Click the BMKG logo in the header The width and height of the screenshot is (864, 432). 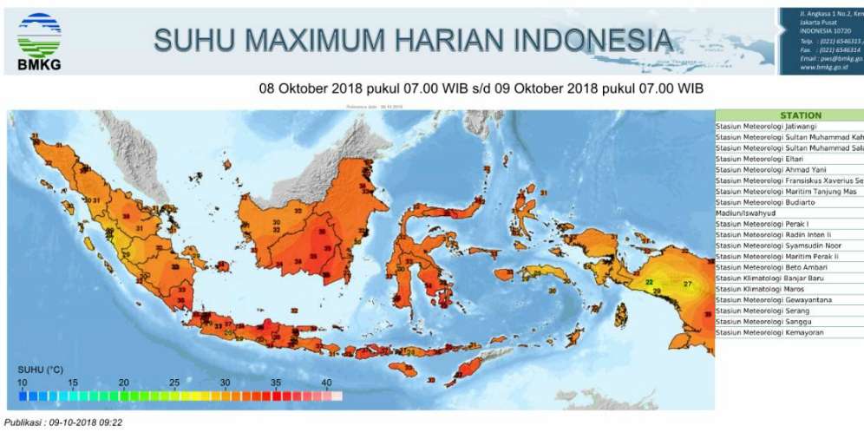[x=39, y=40]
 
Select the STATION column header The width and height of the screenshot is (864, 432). [x=800, y=115]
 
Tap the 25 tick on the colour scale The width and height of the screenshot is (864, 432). [x=174, y=383]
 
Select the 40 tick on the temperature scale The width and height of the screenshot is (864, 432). [x=327, y=383]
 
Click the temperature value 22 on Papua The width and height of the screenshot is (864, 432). [x=649, y=282]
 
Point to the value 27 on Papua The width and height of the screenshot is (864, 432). [x=688, y=285]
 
